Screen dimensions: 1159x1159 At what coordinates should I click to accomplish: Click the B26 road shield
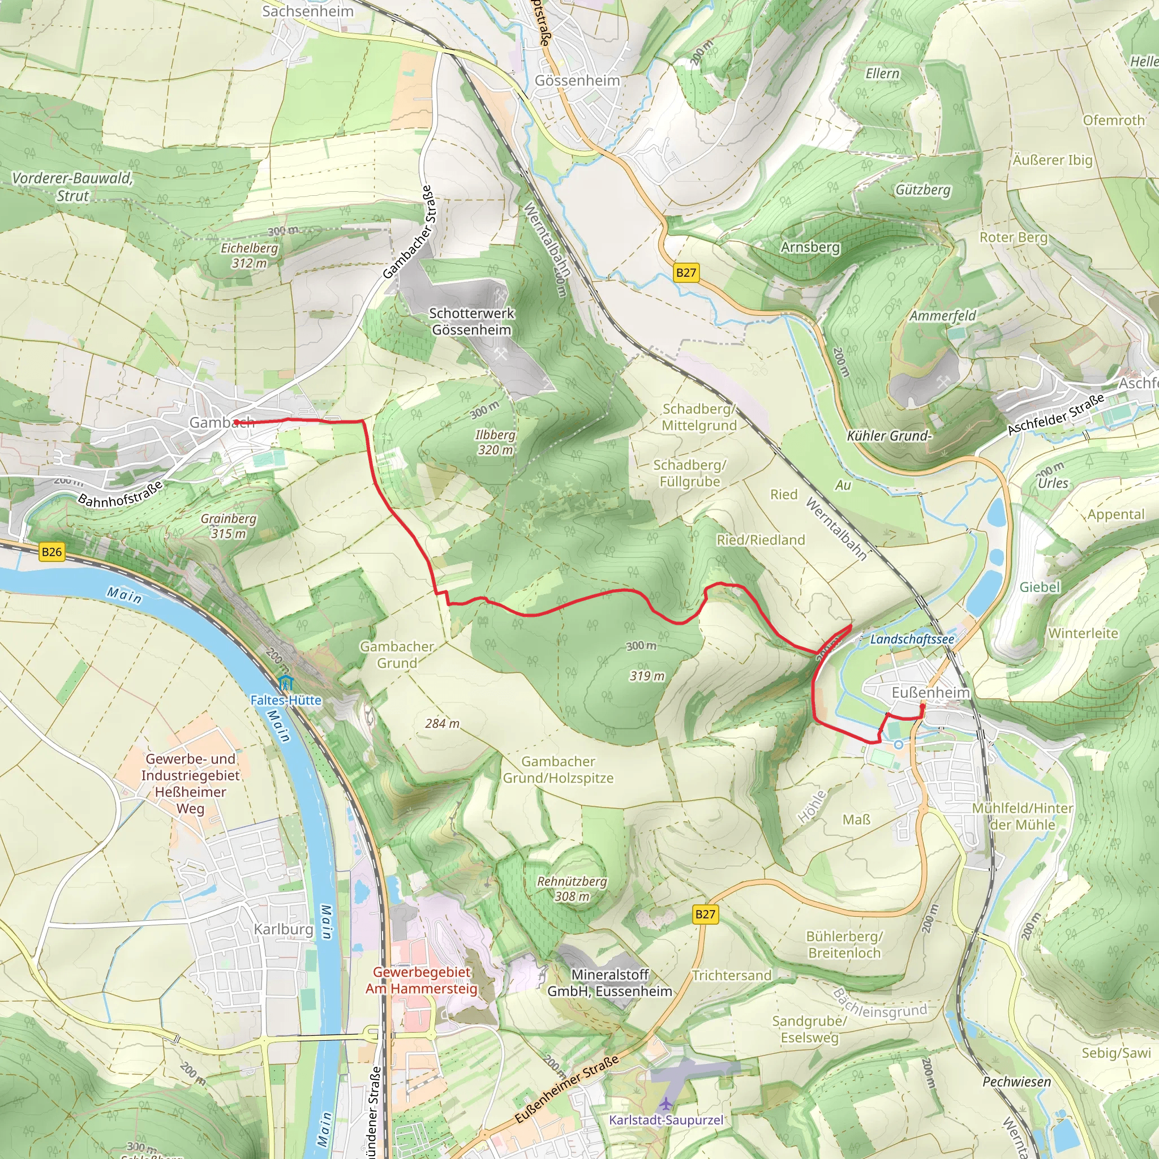click(51, 552)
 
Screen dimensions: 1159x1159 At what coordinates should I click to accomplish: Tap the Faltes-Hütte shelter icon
click(286, 682)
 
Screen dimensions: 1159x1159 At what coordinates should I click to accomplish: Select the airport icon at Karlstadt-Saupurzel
click(666, 1104)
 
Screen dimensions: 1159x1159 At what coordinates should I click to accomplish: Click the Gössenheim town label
click(577, 80)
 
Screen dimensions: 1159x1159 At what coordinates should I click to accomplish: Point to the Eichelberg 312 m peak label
click(250, 256)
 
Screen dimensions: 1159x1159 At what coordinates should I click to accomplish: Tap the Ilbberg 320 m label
click(495, 442)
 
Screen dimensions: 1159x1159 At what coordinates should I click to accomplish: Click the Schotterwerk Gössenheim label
click(471, 321)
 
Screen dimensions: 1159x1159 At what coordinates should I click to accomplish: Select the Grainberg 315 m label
click(229, 526)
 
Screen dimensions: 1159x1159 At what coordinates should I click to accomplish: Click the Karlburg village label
click(283, 929)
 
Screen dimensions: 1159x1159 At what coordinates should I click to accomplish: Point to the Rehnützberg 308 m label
click(572, 889)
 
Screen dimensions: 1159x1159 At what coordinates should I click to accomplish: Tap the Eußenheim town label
click(930, 693)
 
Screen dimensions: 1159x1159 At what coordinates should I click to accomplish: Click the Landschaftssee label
click(912, 639)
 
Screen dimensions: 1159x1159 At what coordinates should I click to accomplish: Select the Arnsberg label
click(810, 247)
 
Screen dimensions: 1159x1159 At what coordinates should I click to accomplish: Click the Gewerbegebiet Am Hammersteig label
click(422, 980)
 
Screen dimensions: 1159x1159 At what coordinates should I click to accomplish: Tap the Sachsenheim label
click(308, 11)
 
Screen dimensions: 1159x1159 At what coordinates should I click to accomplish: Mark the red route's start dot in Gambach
click(237, 422)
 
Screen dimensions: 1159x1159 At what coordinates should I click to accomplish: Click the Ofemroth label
click(1113, 120)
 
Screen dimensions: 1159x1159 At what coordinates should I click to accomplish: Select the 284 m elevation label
click(442, 723)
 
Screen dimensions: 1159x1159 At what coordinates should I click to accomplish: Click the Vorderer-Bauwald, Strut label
click(72, 187)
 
